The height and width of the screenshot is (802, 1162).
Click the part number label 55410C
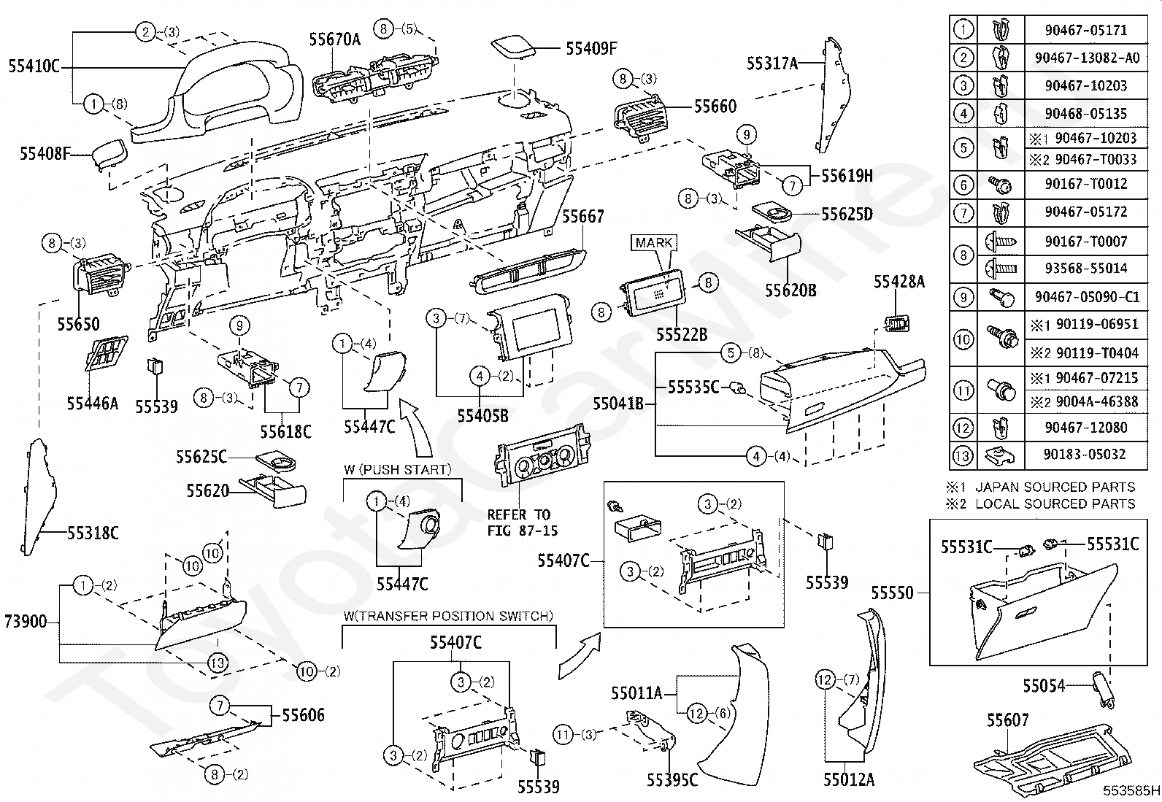tap(34, 66)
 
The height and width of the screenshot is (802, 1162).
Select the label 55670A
tap(334, 39)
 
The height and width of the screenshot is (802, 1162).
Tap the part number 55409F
tap(591, 49)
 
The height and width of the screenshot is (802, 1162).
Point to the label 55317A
tap(772, 63)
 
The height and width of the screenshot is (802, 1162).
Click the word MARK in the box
tap(653, 243)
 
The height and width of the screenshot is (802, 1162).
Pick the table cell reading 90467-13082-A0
tap(1085, 58)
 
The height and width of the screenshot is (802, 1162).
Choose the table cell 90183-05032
tap(1085, 455)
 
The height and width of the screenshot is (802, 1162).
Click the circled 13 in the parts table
tap(963, 455)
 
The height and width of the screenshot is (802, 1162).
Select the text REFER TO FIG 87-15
tap(519, 523)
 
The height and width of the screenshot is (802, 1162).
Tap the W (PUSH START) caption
tap(398, 469)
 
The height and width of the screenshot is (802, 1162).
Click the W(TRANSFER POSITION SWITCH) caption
tap(448, 617)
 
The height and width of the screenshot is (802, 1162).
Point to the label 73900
tap(26, 622)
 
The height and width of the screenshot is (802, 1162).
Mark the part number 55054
tap(1043, 686)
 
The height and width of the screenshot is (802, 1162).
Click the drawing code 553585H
tap(1131, 790)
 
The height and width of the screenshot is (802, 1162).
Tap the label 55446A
tap(92, 403)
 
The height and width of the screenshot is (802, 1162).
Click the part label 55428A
tap(899, 282)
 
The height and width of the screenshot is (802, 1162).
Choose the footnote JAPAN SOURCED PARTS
tap(1055, 487)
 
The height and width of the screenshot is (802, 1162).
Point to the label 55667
tap(582, 217)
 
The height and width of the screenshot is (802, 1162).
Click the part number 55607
tap(1007, 720)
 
